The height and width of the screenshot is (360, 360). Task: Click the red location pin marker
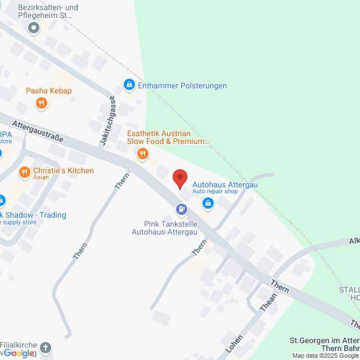[x=180, y=179]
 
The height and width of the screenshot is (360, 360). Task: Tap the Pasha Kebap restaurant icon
[x=41, y=103]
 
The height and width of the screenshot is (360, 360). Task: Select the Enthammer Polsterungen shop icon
[x=129, y=85]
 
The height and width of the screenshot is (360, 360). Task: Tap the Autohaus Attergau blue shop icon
[x=208, y=204]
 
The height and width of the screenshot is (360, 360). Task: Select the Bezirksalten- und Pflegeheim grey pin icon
[x=34, y=27]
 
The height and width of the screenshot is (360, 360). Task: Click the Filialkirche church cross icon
[x=46, y=348]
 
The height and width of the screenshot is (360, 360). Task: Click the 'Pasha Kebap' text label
[x=49, y=91]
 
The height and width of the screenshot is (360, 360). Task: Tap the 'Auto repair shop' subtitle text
[x=215, y=192]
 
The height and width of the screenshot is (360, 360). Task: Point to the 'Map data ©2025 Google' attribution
[x=325, y=355]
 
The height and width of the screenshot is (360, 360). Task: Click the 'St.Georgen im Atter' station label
[x=324, y=340]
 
